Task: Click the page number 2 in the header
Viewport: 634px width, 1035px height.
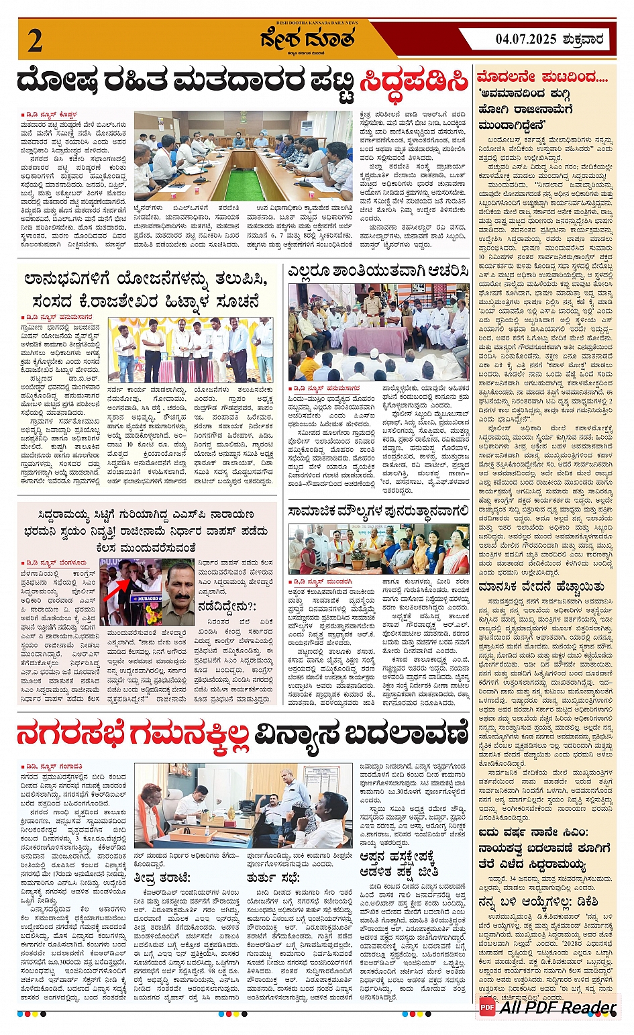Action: [35, 40]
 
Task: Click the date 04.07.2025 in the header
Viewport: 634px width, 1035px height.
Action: [526, 39]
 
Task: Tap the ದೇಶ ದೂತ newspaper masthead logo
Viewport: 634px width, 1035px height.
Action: [308, 40]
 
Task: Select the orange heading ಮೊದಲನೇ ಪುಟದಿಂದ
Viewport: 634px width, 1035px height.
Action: [542, 77]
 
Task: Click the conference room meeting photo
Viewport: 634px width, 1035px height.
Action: [243, 156]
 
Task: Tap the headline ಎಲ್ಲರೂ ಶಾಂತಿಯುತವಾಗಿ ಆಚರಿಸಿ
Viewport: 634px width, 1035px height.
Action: [378, 272]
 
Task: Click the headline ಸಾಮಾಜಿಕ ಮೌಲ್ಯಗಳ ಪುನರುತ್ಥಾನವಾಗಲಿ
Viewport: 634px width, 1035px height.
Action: [378, 512]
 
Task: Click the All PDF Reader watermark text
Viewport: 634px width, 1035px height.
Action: [558, 1007]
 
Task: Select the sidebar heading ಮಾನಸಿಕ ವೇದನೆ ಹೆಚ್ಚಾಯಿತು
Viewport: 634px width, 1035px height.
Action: [541, 587]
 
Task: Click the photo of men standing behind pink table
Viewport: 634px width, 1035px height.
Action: [191, 350]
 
